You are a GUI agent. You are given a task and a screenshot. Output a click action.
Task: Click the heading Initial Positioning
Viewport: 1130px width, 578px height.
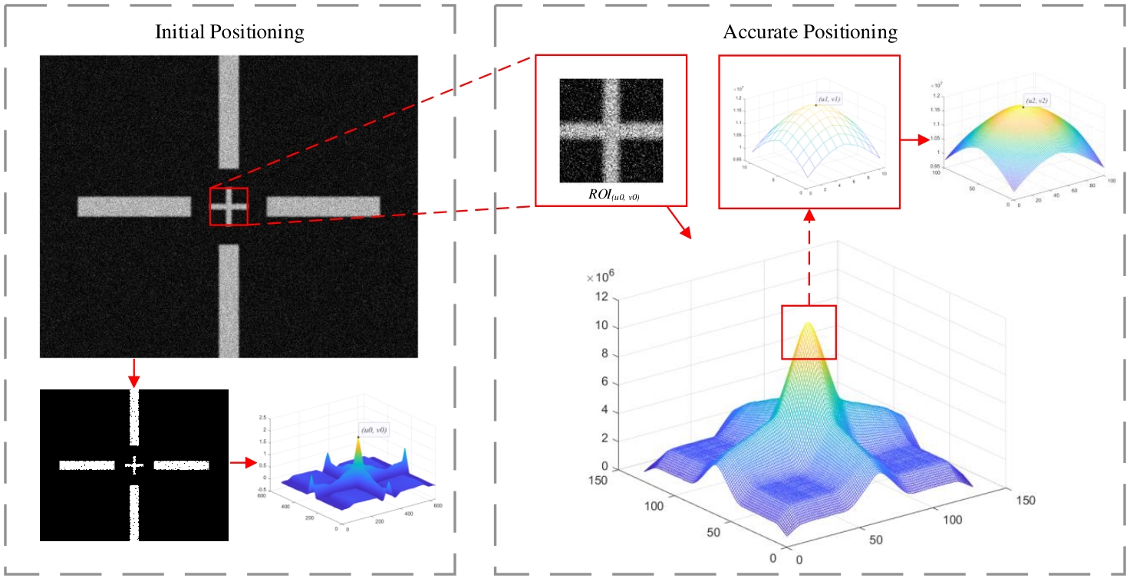click(x=229, y=32)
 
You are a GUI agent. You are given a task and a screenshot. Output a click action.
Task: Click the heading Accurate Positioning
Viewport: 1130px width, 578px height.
click(x=810, y=32)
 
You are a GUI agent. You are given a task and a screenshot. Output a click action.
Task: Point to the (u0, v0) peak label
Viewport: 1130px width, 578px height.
click(x=373, y=431)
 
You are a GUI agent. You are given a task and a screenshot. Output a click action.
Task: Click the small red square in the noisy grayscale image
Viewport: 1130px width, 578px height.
click(x=229, y=206)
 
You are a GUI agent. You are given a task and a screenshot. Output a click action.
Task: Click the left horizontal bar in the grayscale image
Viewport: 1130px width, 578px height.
click(x=134, y=206)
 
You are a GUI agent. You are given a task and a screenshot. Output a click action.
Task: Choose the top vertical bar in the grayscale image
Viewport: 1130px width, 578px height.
click(x=229, y=111)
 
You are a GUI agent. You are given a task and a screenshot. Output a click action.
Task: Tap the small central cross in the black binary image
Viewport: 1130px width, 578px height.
click(x=134, y=465)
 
